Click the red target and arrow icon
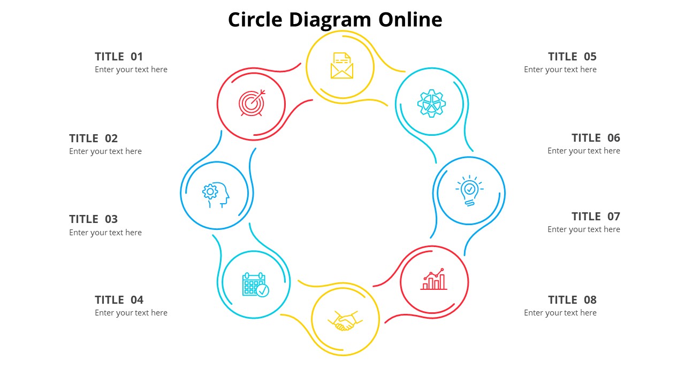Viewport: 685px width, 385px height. [252, 103]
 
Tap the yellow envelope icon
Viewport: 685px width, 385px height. [342, 66]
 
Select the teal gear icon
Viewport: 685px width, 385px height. [431, 103]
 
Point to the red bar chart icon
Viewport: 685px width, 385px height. [434, 280]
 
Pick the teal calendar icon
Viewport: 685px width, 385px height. [255, 284]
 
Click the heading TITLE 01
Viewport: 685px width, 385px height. [119, 57]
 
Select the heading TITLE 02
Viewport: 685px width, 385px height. [93, 138]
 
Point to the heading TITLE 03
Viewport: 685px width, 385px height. [93, 219]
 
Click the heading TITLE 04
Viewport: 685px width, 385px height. [119, 300]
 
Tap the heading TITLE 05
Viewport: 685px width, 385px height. [572, 57]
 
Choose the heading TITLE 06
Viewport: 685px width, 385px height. [596, 138]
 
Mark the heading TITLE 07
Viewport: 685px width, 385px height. [596, 217]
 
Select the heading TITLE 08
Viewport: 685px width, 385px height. [572, 300]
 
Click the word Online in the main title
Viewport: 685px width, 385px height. [410, 20]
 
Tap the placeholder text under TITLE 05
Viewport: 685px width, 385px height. [560, 70]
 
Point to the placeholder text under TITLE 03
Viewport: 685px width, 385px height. [105, 233]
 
